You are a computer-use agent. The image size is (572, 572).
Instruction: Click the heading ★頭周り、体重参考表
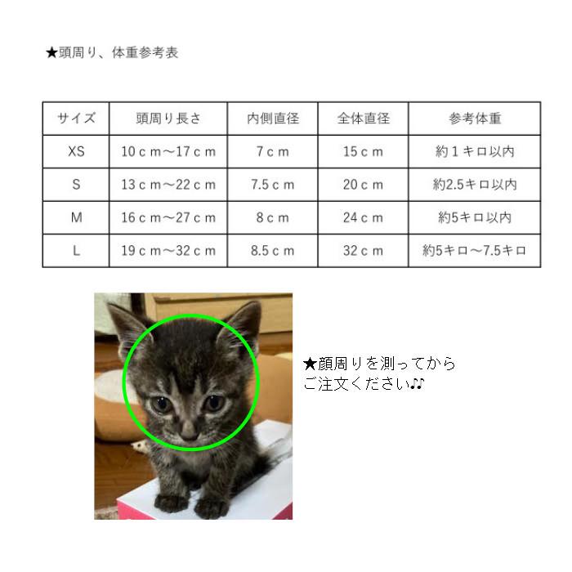pos(111,53)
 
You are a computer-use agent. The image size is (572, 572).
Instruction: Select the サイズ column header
pos(76,118)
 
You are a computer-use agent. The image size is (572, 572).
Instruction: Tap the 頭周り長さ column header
pos(168,118)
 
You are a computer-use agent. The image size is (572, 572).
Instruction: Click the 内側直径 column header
pos(273,118)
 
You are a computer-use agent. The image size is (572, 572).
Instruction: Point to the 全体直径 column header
pos(363,118)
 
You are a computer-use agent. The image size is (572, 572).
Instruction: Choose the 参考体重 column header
pos(475,118)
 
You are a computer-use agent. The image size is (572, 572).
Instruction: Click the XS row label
pos(76,151)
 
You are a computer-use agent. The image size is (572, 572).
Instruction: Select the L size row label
pos(76,251)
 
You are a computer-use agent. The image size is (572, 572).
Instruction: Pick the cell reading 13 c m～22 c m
pos(168,185)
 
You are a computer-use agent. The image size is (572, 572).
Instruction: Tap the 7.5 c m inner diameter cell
pos(273,185)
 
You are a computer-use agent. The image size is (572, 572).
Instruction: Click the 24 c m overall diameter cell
pos(363,217)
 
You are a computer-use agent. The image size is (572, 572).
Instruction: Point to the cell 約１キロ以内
pos(475,151)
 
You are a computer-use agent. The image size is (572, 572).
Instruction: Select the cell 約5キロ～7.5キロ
pos(475,251)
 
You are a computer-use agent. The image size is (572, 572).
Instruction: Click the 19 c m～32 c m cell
pos(168,251)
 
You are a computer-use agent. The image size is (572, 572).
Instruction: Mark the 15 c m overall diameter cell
pos(363,151)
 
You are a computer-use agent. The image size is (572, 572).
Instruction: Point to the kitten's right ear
pos(244,320)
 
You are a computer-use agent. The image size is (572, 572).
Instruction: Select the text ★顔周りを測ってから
pos(379,364)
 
